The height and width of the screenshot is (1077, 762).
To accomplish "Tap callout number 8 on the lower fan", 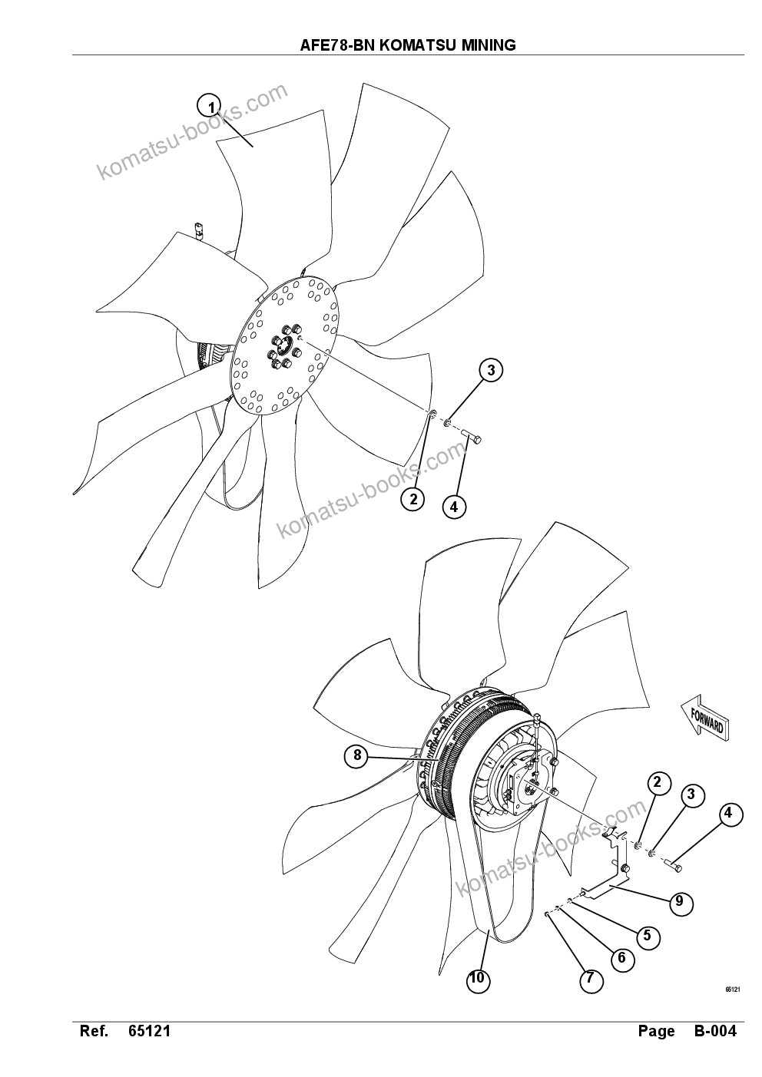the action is pos(357,755).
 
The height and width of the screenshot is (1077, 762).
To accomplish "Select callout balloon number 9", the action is pos(679,900).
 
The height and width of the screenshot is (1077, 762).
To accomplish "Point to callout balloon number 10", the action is pos(478,979).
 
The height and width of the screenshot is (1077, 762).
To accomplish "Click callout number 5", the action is pos(647,935).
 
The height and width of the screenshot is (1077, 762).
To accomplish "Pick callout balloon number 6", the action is pos(621,958).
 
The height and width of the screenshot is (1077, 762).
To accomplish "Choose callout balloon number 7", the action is pos(590,979).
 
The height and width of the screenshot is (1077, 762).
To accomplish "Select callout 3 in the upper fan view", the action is pos(491,371).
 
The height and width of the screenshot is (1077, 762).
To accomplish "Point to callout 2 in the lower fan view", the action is pos(657,782).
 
